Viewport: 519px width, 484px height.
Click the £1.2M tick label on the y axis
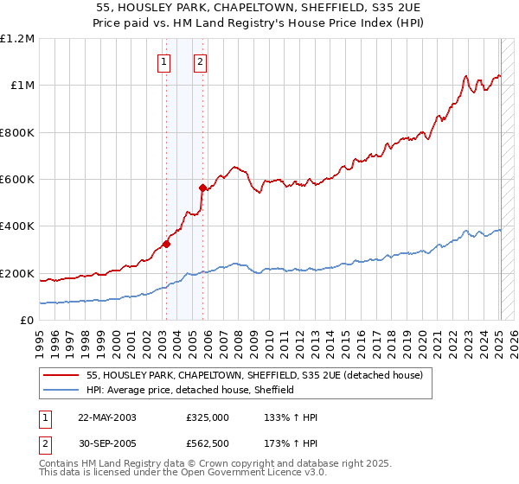pos(17,39)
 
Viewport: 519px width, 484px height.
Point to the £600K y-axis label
pos(17,180)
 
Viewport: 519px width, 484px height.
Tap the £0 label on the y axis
pos(28,321)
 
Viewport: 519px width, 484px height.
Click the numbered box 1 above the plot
pos(164,61)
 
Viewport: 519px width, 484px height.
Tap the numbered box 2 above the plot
pos(200,61)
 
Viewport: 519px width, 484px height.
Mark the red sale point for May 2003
pos(167,244)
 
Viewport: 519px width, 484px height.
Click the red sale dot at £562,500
pos(202,188)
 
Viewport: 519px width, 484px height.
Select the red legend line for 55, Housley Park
pos(62,376)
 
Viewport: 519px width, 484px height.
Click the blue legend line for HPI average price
pos(62,390)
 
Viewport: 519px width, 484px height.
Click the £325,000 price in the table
pos(208,417)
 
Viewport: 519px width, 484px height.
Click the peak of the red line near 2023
pos(466,75)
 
